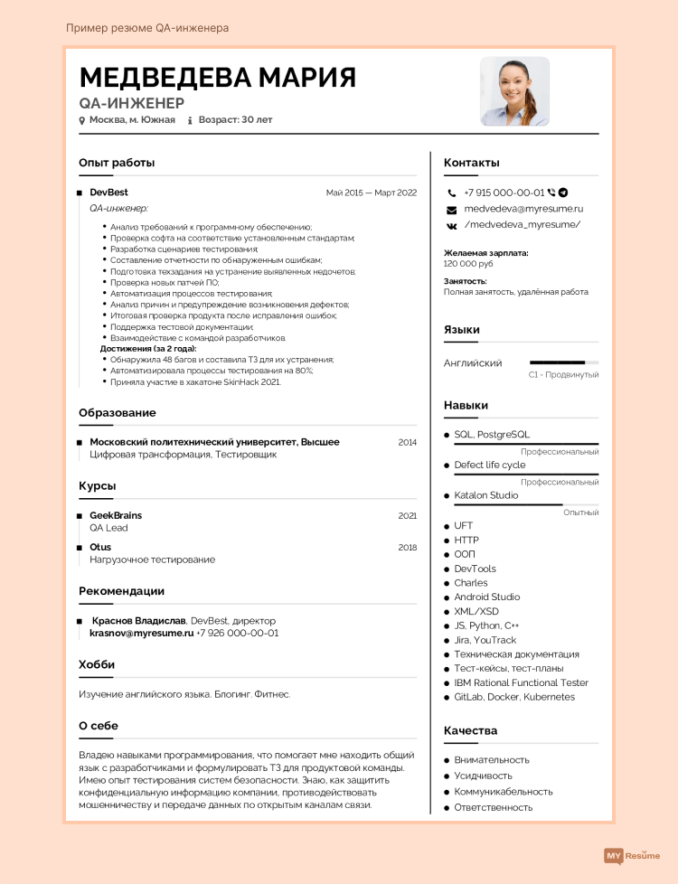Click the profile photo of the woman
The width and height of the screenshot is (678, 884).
pyautogui.click(x=514, y=91)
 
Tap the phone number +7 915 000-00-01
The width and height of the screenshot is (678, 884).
pyautogui.click(x=504, y=193)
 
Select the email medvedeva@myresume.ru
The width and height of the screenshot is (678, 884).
pyautogui.click(x=523, y=209)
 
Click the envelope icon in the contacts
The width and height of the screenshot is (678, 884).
pyautogui.click(x=452, y=210)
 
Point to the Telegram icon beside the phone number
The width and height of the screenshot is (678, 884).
pyautogui.click(x=563, y=193)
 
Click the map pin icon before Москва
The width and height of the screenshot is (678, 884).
pyautogui.click(x=82, y=119)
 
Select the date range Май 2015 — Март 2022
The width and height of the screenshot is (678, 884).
pyautogui.click(x=372, y=193)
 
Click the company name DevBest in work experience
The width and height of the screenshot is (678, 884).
pyautogui.click(x=108, y=193)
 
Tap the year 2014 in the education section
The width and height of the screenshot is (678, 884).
pyautogui.click(x=407, y=442)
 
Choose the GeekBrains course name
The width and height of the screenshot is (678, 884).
pyautogui.click(x=116, y=515)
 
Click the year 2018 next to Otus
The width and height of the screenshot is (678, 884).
pyautogui.click(x=407, y=547)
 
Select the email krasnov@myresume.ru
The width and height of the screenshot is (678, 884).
pyautogui.click(x=142, y=634)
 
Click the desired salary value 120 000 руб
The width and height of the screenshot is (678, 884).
pyautogui.click(x=468, y=264)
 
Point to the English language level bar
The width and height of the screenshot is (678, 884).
pyautogui.click(x=563, y=362)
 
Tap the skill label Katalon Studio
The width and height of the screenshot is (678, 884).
pyautogui.click(x=486, y=495)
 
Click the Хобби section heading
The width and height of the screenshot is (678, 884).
pyautogui.click(x=97, y=664)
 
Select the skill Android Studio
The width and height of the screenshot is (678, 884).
pyautogui.click(x=487, y=597)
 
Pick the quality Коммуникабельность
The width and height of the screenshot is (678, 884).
pyautogui.click(x=504, y=792)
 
